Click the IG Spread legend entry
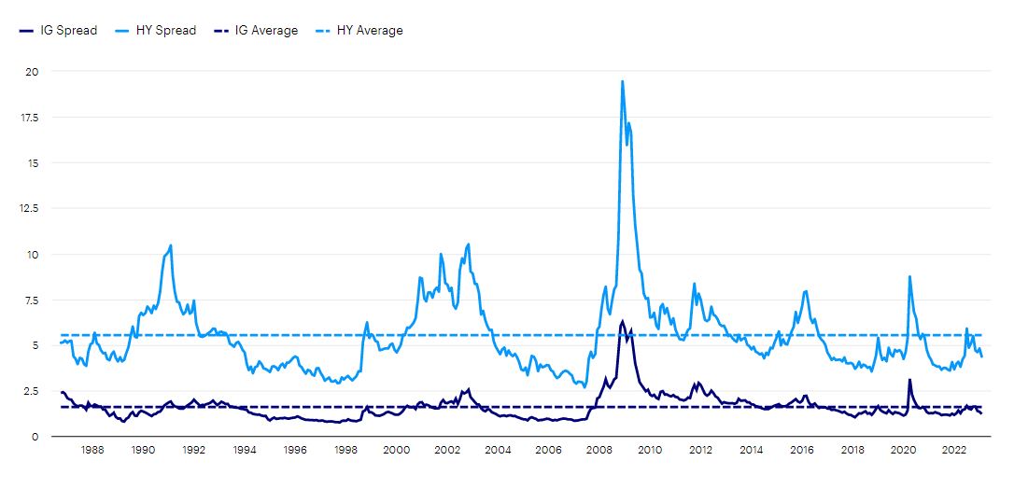(x=59, y=31)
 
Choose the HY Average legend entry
(x=363, y=31)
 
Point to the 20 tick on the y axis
(x=33, y=72)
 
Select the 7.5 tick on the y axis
(x=33, y=300)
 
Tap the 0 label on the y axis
(x=35, y=437)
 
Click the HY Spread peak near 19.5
(x=622, y=81)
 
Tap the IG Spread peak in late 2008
(x=622, y=321)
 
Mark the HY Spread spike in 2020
(x=909, y=276)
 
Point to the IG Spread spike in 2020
(x=909, y=380)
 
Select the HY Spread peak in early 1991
(x=171, y=245)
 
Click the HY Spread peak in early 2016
(x=806, y=291)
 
